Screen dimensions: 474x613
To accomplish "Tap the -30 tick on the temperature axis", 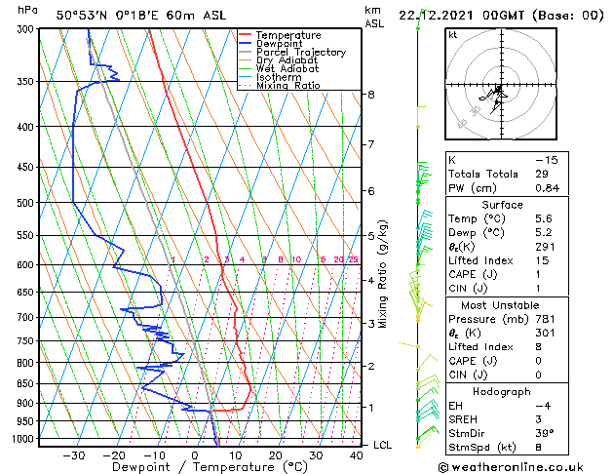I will [74, 455].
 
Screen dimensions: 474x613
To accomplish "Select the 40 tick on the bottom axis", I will [356, 455].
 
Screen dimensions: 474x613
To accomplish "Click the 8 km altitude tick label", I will [371, 95].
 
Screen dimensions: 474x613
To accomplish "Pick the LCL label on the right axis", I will [383, 445].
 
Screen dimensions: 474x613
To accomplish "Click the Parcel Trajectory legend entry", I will [300, 53].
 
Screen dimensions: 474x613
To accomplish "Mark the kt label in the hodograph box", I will [453, 34].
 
